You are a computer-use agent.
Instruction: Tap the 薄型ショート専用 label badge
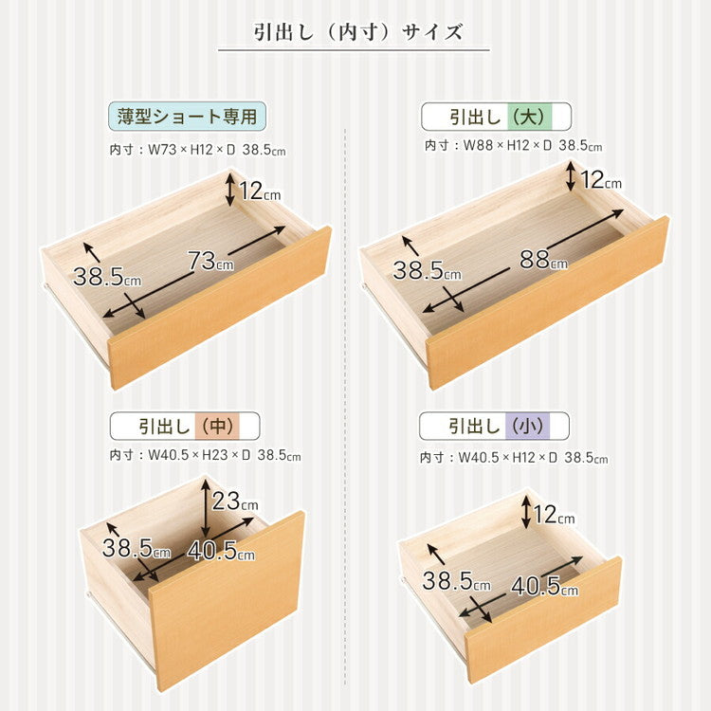tap(186, 118)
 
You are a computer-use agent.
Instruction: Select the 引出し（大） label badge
tap(496, 117)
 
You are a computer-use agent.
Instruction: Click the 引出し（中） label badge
tap(184, 426)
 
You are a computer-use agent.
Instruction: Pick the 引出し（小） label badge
tap(495, 426)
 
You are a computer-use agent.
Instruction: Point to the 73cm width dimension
tap(210, 261)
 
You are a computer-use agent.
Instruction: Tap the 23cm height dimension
tap(233, 501)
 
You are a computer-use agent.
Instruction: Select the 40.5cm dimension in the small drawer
tap(543, 586)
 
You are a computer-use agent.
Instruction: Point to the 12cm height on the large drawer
tap(600, 179)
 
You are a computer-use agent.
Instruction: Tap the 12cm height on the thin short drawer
tap(259, 191)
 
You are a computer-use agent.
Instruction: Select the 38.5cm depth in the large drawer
tap(426, 270)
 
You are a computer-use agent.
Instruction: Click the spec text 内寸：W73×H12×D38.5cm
tap(196, 150)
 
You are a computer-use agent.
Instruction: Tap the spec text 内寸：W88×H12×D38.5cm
tap(513, 146)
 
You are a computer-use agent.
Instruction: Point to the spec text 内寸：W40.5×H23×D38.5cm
tap(205, 456)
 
